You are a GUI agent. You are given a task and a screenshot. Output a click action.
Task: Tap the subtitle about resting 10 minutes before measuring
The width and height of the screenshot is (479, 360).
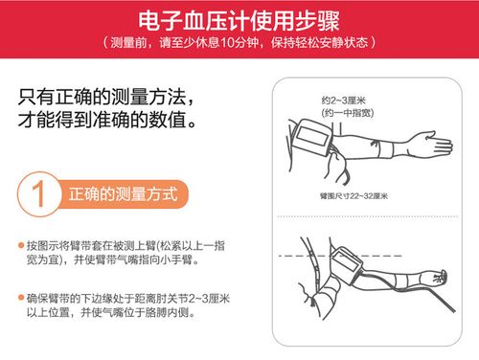click(239, 44)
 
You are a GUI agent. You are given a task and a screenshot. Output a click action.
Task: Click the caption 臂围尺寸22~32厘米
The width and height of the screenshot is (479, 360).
click(354, 194)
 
